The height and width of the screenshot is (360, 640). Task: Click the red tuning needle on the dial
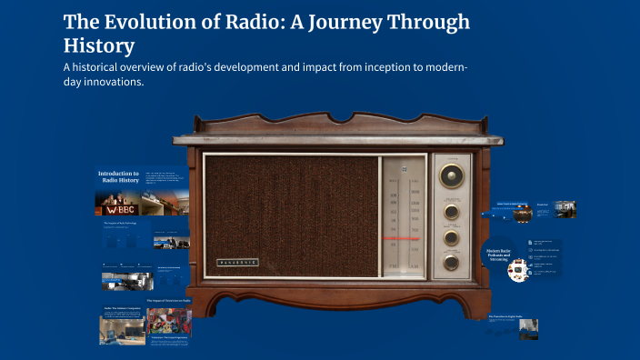[404, 239]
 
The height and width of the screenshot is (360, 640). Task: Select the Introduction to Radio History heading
[118, 177]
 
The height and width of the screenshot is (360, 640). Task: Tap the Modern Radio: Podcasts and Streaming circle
[498, 254]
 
